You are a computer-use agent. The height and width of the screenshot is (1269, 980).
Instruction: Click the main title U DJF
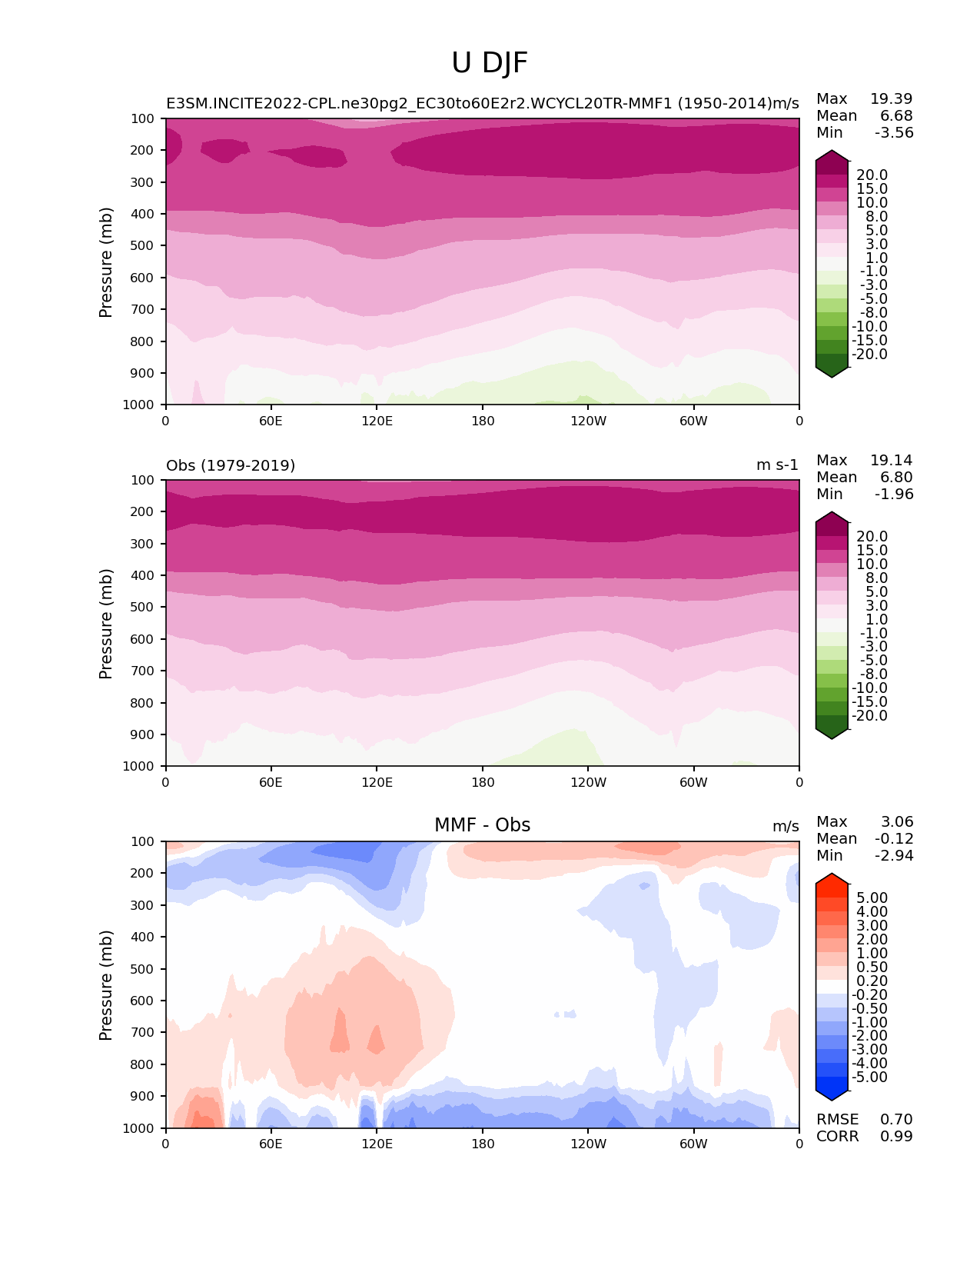(x=490, y=63)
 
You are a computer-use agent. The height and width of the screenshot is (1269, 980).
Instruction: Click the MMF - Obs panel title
(x=482, y=825)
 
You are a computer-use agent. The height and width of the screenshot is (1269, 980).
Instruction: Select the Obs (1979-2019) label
(x=231, y=465)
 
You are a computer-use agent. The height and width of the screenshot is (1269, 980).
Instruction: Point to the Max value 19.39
(x=891, y=98)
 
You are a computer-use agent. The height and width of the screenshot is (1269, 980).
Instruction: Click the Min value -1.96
(x=894, y=494)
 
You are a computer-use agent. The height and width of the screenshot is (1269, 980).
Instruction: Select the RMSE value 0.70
(x=896, y=1119)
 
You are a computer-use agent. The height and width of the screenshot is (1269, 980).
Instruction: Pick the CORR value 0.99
(x=896, y=1136)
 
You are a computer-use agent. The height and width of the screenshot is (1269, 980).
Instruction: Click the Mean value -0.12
(x=894, y=838)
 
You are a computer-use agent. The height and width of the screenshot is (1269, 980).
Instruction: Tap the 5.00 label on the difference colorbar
(x=872, y=898)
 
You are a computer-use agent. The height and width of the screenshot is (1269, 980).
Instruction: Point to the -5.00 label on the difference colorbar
(x=870, y=1077)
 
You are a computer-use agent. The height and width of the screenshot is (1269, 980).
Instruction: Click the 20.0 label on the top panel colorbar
(x=872, y=175)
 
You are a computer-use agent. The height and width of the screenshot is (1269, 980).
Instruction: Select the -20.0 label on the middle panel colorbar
(x=870, y=715)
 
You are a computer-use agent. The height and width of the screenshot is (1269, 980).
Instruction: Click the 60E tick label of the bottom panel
(x=271, y=1144)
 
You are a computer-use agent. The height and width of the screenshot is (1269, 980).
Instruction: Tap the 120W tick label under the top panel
(x=588, y=421)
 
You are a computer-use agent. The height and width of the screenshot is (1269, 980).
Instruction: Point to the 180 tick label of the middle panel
(x=483, y=782)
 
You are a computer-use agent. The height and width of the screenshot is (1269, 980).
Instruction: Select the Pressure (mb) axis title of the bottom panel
(x=106, y=984)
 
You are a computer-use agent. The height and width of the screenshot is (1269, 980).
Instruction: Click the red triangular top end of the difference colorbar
(x=832, y=881)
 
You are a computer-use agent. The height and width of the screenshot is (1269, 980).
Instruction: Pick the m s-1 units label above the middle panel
(x=777, y=465)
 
